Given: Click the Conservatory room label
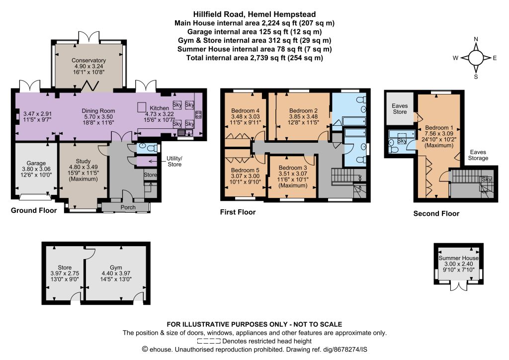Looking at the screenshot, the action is pos(88,60).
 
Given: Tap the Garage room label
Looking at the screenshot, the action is pos(36,163).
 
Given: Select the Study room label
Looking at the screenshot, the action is pos(83,161).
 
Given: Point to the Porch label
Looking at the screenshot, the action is pos(128,207).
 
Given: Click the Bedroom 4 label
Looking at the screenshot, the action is pos(245,111).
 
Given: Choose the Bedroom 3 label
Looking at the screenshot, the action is pos(292,168).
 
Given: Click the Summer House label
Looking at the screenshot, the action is pos(458,258).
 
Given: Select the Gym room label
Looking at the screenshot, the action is pos(116,268).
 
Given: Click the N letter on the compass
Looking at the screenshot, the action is pos(476,39).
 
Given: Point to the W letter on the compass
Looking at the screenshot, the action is pos(455,58).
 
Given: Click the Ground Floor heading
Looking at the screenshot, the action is pos(34,210).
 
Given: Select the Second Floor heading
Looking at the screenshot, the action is pos(436,214).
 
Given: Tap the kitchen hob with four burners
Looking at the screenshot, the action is pos(198,114).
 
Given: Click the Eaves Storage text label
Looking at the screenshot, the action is pos(478,155).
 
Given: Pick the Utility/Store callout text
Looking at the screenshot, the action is pos(174,161).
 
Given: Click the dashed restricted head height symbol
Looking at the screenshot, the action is pos(209,341).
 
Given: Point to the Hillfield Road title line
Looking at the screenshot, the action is pos(254,14).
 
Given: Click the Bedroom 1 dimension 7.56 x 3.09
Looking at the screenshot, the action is pos(439,133).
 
